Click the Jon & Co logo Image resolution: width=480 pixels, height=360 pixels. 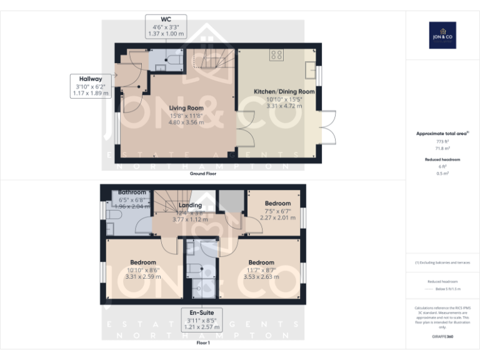point(442,35)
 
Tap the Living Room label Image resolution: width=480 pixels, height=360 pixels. point(186,108)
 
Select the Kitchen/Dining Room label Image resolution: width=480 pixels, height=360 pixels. point(284,92)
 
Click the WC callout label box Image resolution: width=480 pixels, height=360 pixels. point(165,26)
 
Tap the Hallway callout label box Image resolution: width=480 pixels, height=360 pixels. point(90,86)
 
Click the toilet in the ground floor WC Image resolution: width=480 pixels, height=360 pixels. point(173,61)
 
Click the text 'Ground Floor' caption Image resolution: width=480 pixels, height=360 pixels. point(203,174)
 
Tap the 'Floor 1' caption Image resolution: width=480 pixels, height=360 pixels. point(203,342)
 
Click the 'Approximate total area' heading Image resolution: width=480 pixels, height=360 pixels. point(442,134)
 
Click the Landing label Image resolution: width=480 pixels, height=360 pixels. point(190,205)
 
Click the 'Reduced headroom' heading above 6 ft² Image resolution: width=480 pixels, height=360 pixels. point(442,160)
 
